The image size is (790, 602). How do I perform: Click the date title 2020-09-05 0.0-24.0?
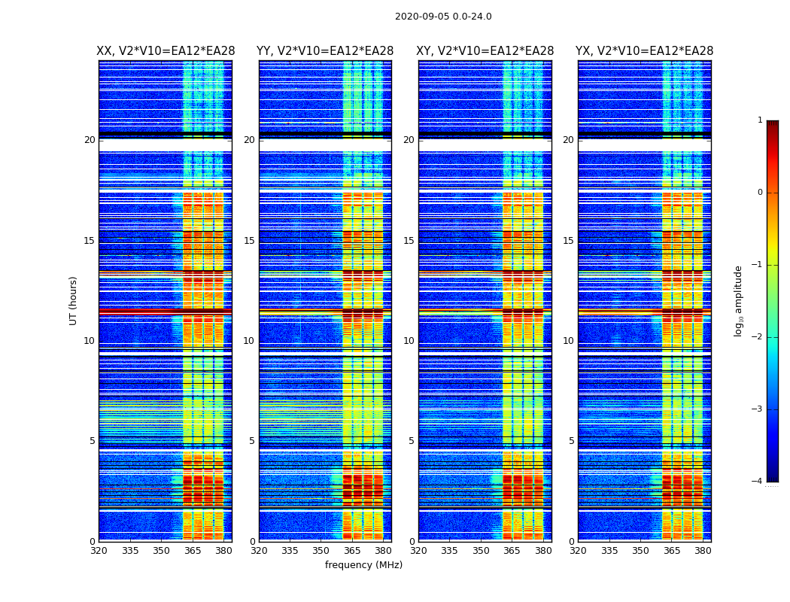443,17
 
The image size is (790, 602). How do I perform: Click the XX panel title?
166,51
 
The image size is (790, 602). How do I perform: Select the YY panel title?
325,51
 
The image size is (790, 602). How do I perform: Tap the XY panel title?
485,51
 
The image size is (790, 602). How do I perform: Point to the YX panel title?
644,51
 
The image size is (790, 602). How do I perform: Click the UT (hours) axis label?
74,300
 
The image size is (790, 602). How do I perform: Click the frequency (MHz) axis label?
363,565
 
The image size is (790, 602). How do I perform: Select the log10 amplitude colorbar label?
739,300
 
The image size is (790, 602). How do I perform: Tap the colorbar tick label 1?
760,120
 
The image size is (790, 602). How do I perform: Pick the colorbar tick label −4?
758,482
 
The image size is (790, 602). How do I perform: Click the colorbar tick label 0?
760,193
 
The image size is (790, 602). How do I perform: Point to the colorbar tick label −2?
758,337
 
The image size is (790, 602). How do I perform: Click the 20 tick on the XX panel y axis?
90,140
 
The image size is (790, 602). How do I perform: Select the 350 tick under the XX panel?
161,551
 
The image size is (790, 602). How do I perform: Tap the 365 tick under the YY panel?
352,551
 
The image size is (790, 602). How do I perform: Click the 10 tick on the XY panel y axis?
409,341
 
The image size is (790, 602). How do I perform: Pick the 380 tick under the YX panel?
703,551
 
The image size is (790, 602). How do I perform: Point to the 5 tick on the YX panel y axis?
571,441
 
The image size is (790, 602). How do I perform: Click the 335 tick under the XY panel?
449,551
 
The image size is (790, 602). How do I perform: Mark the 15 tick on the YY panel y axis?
249,241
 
